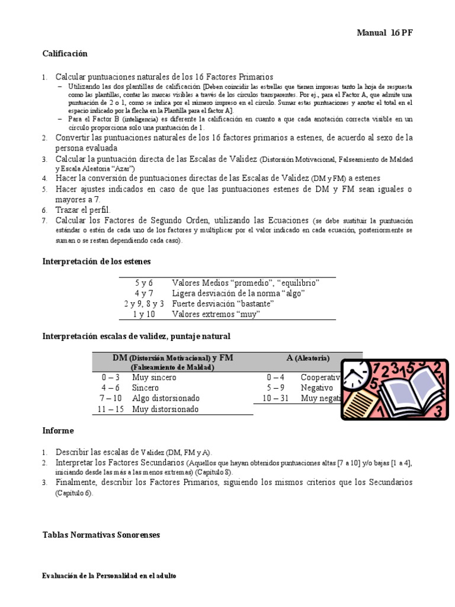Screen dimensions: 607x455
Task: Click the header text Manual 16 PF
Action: coord(384,33)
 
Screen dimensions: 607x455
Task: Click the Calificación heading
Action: coord(65,54)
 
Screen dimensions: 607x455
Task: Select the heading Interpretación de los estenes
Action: coord(97,261)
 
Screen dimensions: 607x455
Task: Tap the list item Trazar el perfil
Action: coord(83,210)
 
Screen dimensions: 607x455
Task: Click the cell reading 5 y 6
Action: coord(143,283)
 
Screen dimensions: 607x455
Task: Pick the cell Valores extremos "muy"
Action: coord(216,314)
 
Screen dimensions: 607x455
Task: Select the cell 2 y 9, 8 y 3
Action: coord(143,303)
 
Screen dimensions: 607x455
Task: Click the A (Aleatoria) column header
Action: coord(308,358)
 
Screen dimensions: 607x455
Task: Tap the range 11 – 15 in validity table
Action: coord(111,409)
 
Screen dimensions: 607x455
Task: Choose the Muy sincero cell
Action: coord(155,377)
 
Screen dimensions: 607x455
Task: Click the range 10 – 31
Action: coord(275,398)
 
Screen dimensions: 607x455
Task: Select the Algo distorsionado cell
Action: coord(166,398)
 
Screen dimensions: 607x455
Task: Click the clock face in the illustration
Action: coord(354,374)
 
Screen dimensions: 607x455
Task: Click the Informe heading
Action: coord(58,430)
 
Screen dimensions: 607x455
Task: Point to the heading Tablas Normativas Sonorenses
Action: coord(101,535)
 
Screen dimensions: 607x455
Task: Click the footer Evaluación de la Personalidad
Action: coord(109,576)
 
